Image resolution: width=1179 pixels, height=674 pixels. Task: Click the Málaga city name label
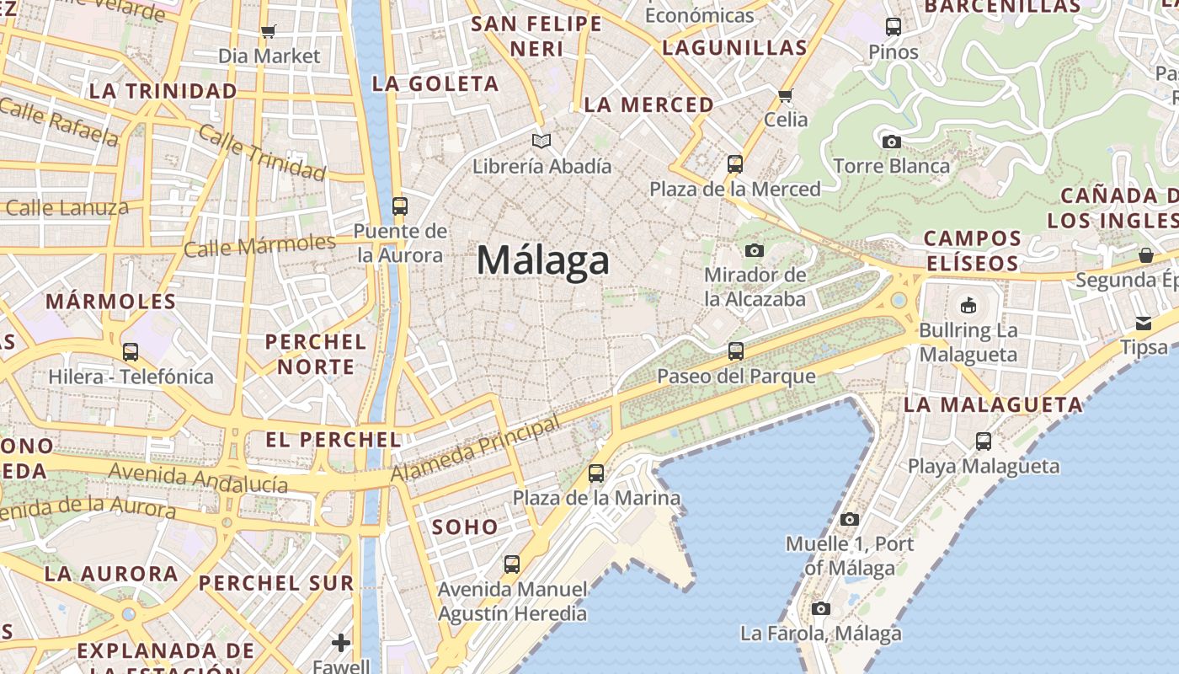point(542,260)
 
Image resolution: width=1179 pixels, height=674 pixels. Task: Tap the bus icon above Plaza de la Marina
point(596,473)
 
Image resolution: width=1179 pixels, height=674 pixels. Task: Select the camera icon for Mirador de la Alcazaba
point(755,250)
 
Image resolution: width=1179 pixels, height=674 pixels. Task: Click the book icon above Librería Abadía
point(541,141)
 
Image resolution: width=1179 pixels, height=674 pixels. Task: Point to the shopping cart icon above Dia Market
point(269,32)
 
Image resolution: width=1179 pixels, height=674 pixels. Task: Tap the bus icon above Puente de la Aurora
point(400,206)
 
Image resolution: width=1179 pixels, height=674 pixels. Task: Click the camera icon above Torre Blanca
point(892,142)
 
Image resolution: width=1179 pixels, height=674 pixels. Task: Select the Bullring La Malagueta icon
point(968,305)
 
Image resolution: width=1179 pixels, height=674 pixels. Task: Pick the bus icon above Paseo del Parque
point(736,350)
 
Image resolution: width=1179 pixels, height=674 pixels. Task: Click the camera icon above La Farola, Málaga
point(821,608)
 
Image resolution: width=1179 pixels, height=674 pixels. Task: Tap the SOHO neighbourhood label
point(465,527)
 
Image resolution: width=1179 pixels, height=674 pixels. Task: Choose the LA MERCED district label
point(648,104)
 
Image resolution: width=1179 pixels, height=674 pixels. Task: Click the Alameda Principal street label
point(476,449)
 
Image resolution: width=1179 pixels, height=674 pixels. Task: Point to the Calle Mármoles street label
point(259,245)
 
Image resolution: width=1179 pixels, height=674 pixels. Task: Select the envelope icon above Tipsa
point(1144,323)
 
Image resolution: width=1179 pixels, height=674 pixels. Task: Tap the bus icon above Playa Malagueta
point(984,441)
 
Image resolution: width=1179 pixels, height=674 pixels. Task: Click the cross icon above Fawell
point(341,643)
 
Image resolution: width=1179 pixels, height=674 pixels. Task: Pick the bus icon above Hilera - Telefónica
point(131,351)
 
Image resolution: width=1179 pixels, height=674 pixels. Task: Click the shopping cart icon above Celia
point(786,95)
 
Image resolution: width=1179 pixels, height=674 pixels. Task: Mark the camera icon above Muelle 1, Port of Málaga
point(850,519)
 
